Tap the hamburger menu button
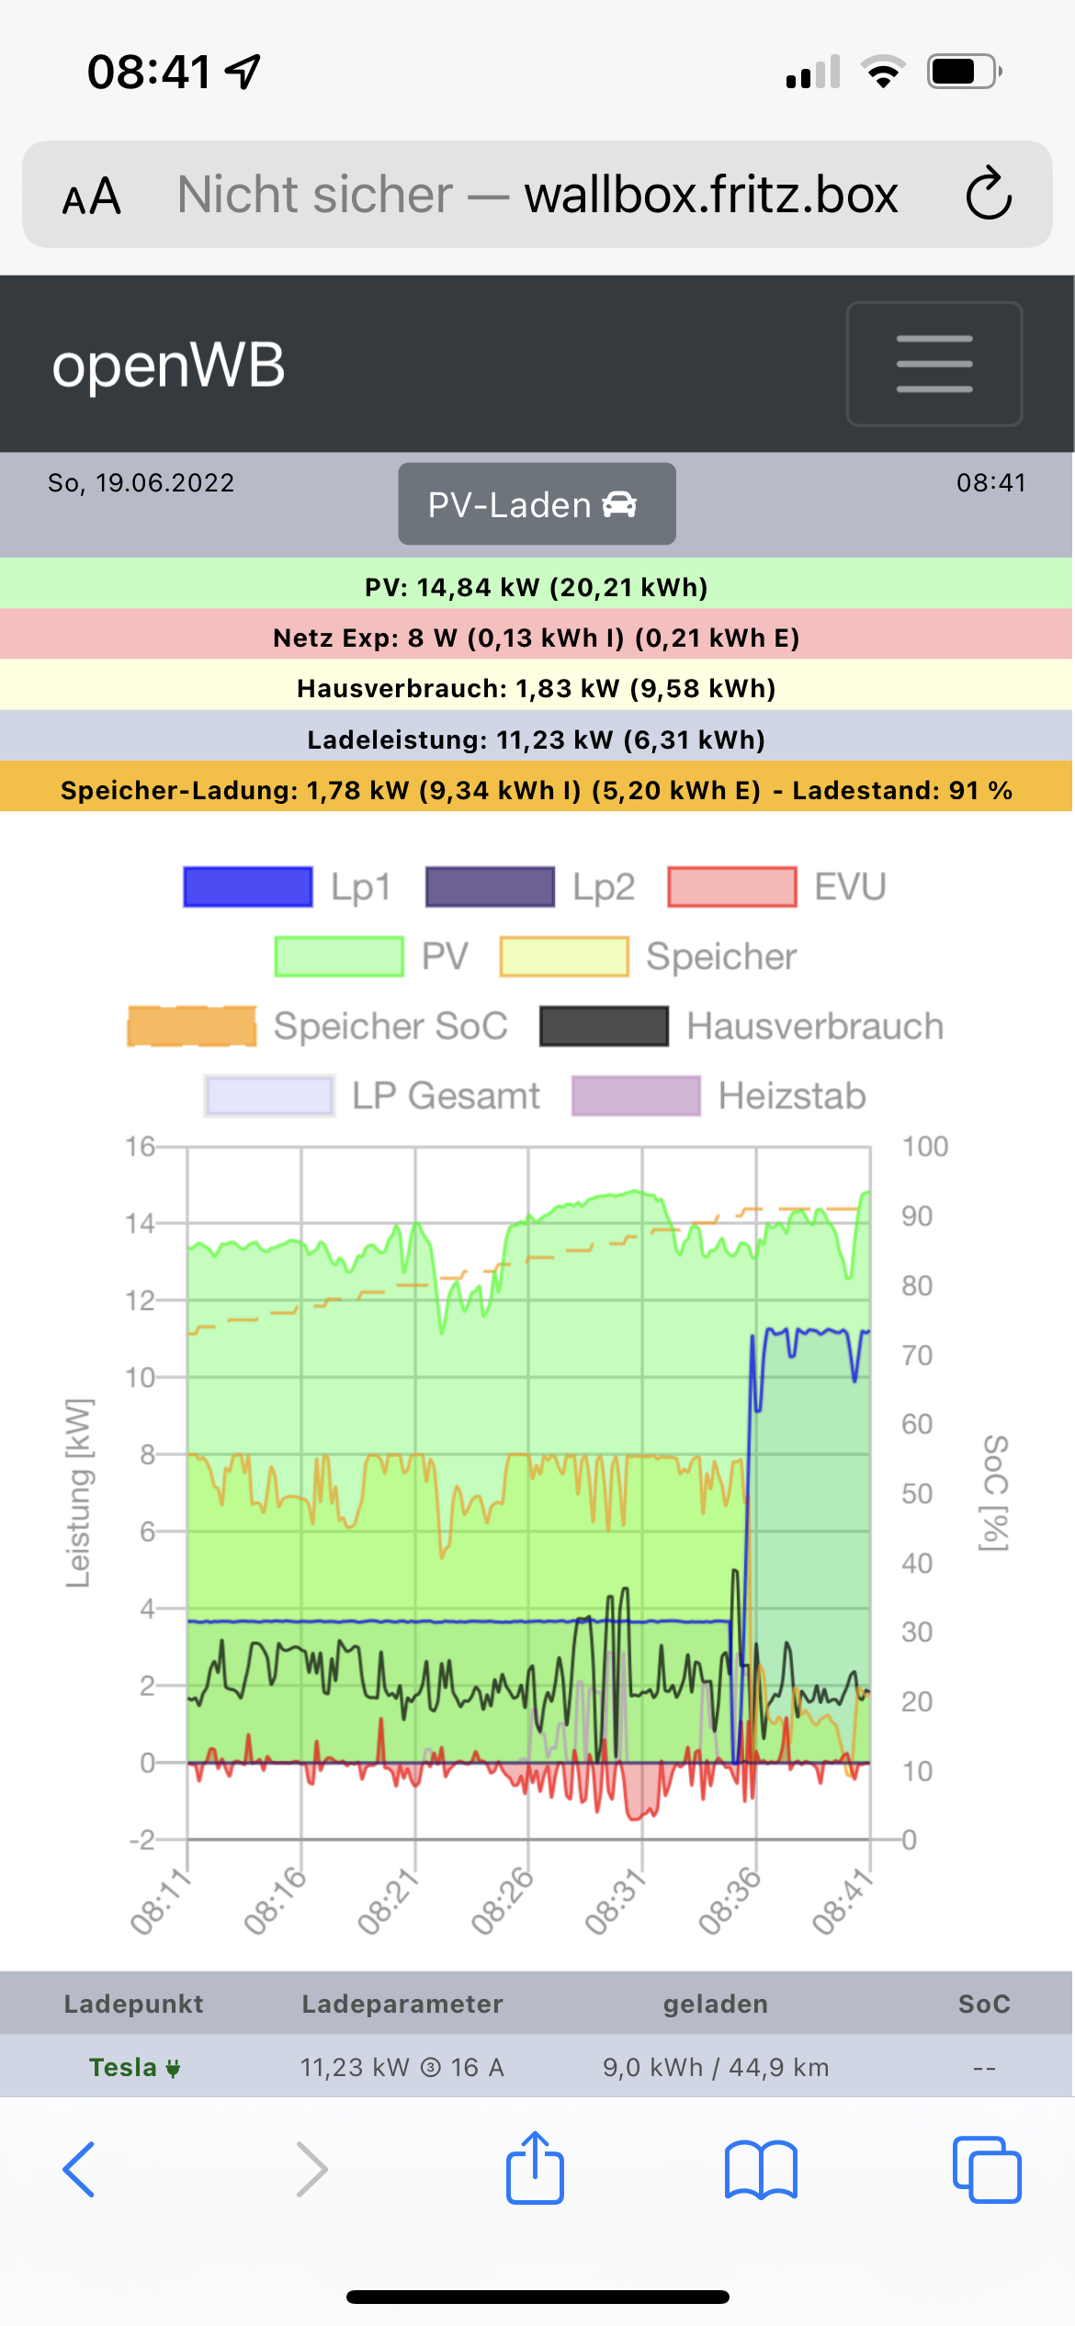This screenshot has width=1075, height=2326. [934, 364]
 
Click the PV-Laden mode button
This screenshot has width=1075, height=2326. [537, 504]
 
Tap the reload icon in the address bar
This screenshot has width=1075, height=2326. [988, 194]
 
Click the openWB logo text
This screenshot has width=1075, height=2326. [168, 365]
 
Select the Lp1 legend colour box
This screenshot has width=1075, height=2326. [248, 887]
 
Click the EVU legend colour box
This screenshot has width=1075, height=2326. [732, 887]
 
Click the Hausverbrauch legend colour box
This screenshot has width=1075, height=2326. [604, 1026]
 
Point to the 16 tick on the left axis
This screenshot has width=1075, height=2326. [140, 1146]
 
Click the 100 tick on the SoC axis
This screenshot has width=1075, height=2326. [924, 1146]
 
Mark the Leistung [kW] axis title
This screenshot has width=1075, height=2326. [79, 1493]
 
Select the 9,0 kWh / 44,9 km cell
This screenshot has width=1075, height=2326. [716, 2067]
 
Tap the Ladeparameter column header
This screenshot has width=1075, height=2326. [402, 2004]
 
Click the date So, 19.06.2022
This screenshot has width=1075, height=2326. [141, 483]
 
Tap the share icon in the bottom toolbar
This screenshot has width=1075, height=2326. [536, 2168]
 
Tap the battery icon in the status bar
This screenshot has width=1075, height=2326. [963, 72]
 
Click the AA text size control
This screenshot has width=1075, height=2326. [92, 196]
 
